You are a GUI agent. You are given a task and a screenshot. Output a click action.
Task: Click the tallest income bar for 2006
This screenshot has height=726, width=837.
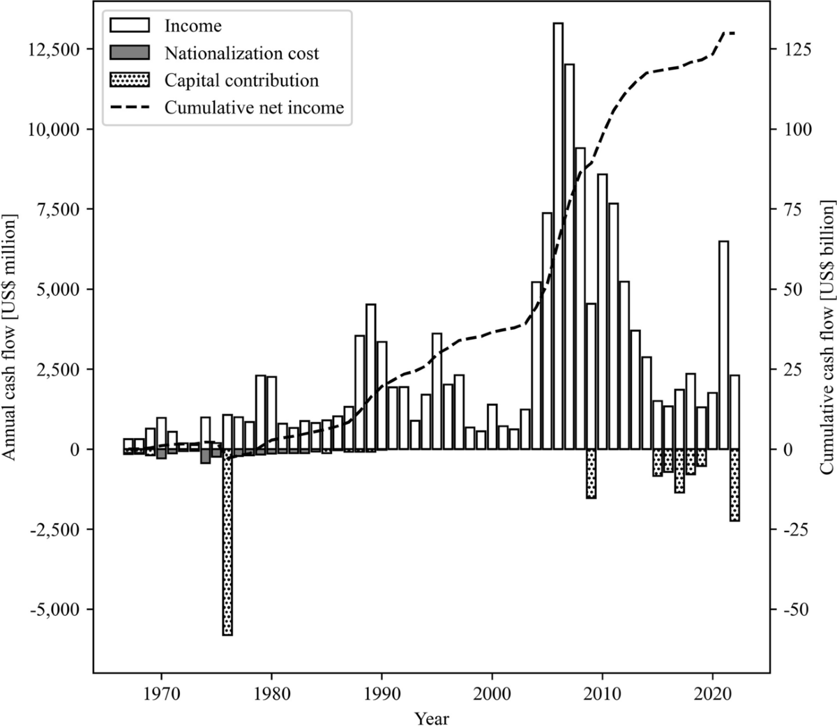pos(558,237)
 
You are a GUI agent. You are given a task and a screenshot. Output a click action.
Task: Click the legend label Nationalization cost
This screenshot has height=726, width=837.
pos(241,53)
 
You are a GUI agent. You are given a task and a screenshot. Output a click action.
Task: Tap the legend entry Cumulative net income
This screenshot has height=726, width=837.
pos(254,107)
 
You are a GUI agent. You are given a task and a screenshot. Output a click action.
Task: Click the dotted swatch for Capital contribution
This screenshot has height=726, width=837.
pos(130,80)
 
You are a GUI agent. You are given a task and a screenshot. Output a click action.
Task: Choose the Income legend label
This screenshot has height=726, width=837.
pos(193,27)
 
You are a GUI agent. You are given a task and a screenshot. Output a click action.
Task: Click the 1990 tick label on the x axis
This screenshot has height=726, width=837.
pos(382,696)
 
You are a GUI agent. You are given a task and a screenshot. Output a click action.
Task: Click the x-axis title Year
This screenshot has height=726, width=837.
pos(431,718)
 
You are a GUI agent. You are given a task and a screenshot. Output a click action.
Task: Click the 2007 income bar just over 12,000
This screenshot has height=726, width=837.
pos(569,258)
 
